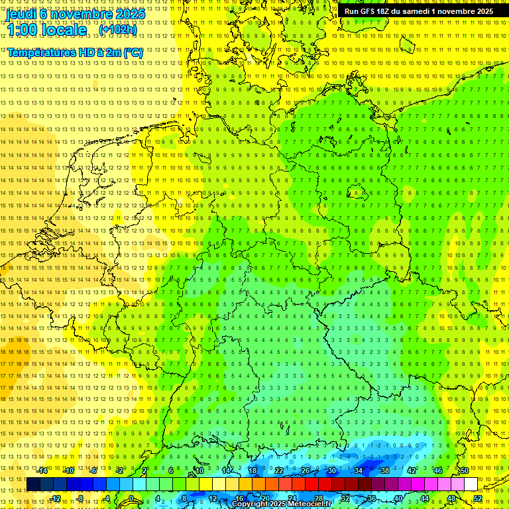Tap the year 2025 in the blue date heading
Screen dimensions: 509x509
pyautogui.click(x=130, y=13)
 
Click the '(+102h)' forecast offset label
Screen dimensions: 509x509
pyautogui.click(x=118, y=30)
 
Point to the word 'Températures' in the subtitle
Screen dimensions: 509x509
pyautogui.click(x=39, y=52)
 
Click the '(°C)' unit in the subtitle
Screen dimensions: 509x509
pyautogui.click(x=133, y=52)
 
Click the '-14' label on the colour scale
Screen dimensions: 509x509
pyautogui.click(x=42, y=471)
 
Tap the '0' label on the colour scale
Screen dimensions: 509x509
pyautogui.click(x=131, y=498)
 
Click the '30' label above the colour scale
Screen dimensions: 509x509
pyautogui.click(x=331, y=471)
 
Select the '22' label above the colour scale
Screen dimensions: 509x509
pyautogui.click(x=279, y=471)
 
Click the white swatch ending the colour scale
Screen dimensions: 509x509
pyautogui.click(x=471, y=484)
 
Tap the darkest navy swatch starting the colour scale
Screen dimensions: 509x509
pyautogui.click(x=33, y=484)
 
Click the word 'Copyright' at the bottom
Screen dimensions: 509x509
pyautogui.click(x=250, y=504)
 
